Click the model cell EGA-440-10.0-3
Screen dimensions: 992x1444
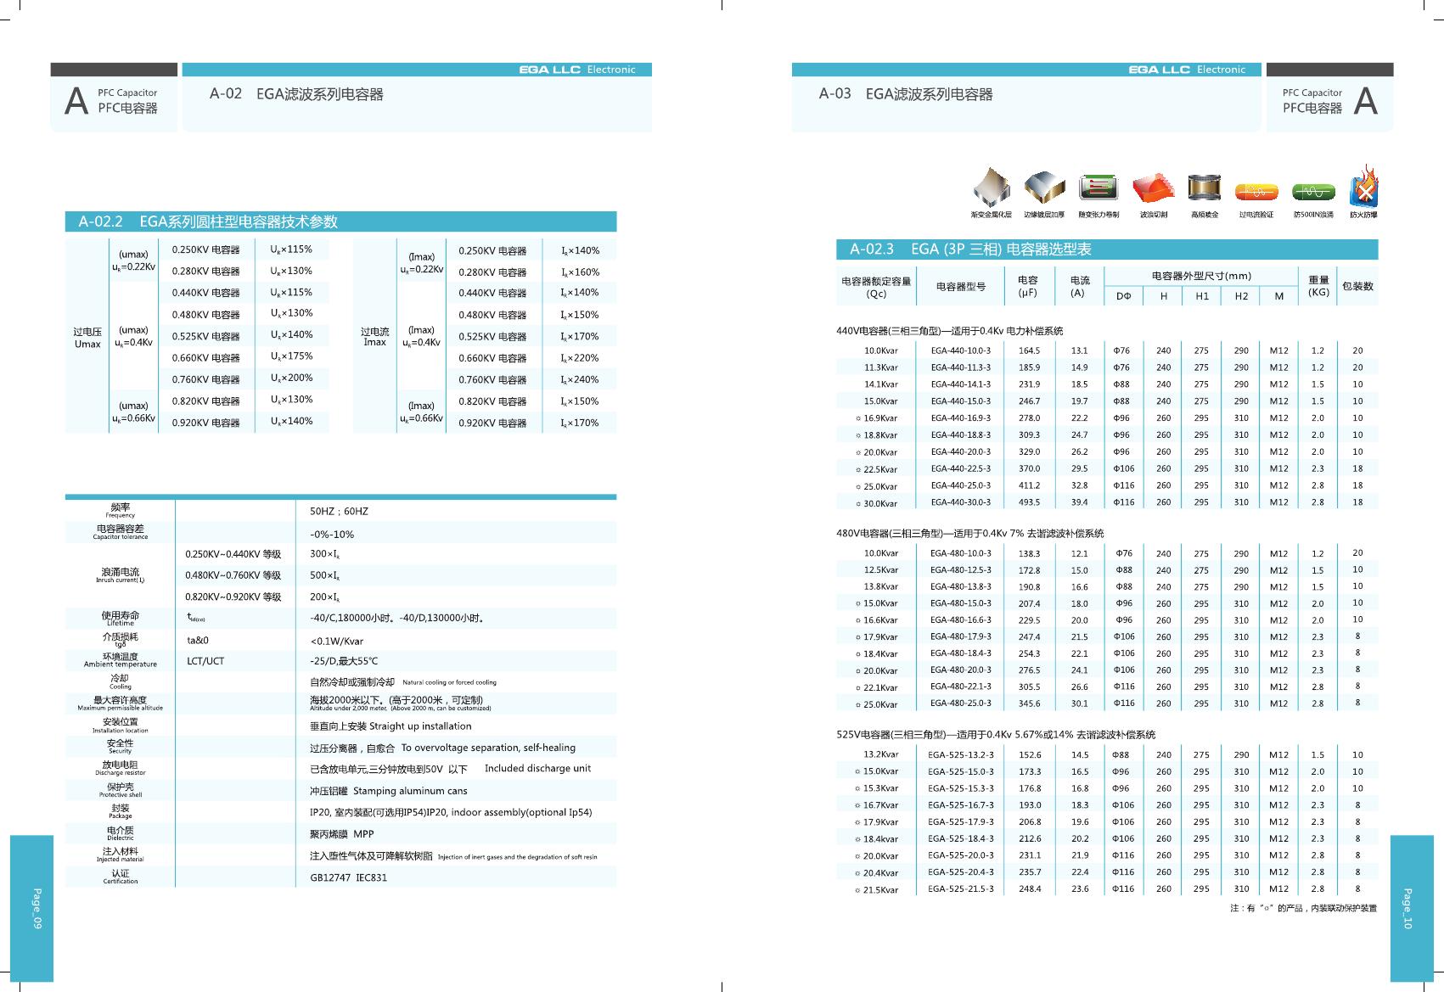960,350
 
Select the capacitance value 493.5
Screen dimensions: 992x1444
1029,502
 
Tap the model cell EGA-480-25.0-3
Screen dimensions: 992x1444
960,703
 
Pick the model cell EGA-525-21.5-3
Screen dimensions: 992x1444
960,889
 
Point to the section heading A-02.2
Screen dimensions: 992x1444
100,221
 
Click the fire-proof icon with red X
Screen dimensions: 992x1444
1364,188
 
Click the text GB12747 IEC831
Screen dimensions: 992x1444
348,877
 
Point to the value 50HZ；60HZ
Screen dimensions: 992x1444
339,512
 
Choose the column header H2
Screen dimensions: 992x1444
1241,296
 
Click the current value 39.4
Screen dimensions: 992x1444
1079,502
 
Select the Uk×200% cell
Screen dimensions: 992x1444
291,378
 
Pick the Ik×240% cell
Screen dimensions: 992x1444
580,380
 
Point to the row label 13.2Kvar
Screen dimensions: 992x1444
880,754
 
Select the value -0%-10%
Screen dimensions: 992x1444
332,535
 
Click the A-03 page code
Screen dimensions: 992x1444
834,94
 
